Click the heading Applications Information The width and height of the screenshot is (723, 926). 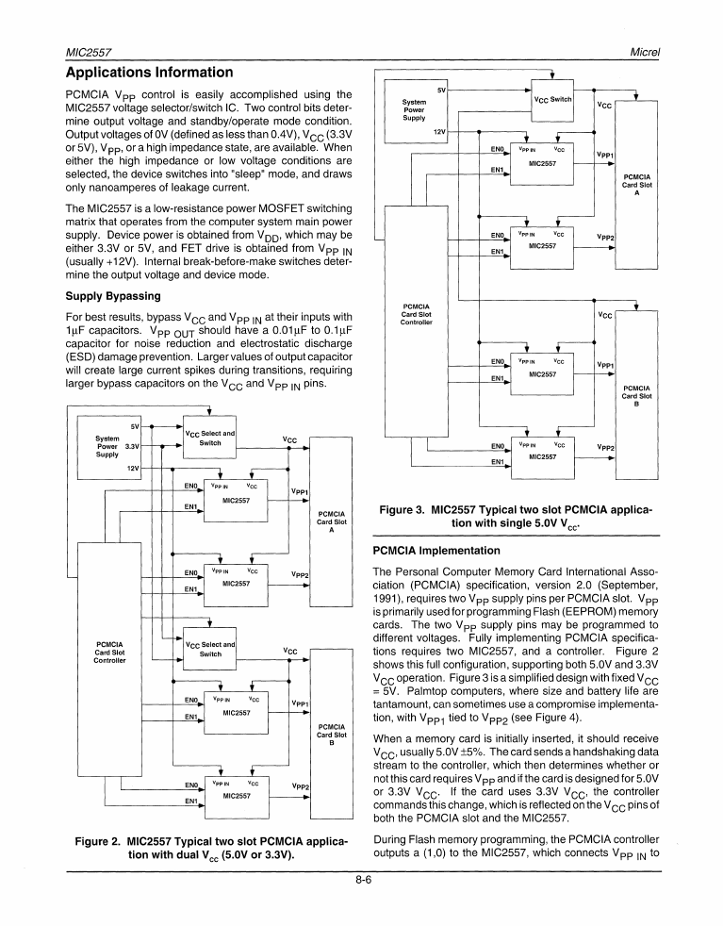click(x=148, y=73)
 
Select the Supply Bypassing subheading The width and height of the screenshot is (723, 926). click(x=111, y=294)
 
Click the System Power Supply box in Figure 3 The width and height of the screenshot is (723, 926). click(x=414, y=109)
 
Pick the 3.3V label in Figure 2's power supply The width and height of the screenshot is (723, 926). click(x=132, y=447)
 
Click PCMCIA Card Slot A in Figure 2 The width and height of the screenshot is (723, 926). click(x=331, y=519)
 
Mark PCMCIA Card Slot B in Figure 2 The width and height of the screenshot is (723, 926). click(x=331, y=732)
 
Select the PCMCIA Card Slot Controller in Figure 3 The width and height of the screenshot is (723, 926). click(x=416, y=314)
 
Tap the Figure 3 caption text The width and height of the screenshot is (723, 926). click(x=515, y=517)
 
